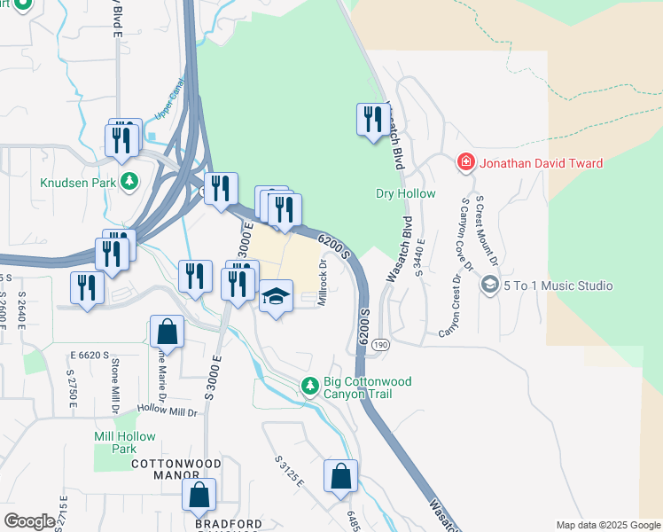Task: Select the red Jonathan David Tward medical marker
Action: [x=464, y=162]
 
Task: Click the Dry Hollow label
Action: [x=406, y=193]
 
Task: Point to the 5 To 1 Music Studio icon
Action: [x=488, y=286]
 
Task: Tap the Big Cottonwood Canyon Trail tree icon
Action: [x=309, y=385]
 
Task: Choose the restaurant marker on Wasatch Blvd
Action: [x=370, y=119]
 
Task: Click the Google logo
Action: [x=29, y=520]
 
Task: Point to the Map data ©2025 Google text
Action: [x=607, y=525]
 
